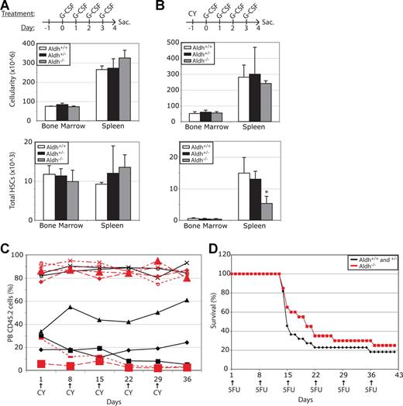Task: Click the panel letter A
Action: pos(6,8)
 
